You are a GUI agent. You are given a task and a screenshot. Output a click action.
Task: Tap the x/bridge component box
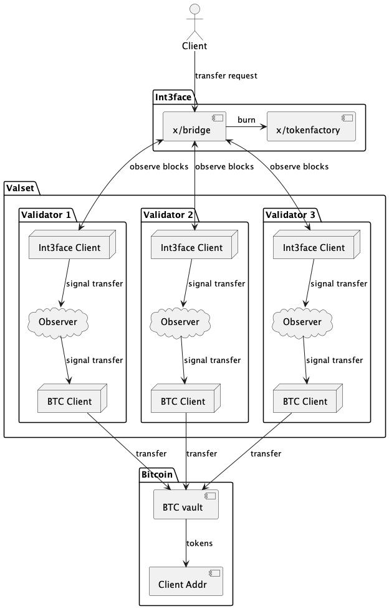pyautogui.click(x=194, y=127)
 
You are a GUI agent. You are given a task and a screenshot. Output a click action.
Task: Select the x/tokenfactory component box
pyautogui.click(x=310, y=127)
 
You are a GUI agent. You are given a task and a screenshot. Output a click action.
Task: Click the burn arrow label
pyautogui.click(x=246, y=120)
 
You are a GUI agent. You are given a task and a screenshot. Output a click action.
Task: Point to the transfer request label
pyautogui.click(x=226, y=76)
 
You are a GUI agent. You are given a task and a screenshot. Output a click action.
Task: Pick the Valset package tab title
pyautogui.click(x=21, y=187)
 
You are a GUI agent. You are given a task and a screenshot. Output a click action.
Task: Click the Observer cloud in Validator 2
pyautogui.click(x=180, y=321)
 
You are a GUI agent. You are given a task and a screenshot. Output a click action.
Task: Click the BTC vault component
pyautogui.click(x=186, y=505)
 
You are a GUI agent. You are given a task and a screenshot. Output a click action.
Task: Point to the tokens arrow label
pyautogui.click(x=199, y=543)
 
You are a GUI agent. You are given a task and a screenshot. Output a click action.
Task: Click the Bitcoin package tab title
pyautogui.click(x=155, y=474)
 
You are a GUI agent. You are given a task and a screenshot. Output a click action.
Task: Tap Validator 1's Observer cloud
pyautogui.click(x=58, y=321)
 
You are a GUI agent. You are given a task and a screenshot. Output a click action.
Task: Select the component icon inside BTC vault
pyautogui.click(x=209, y=496)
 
